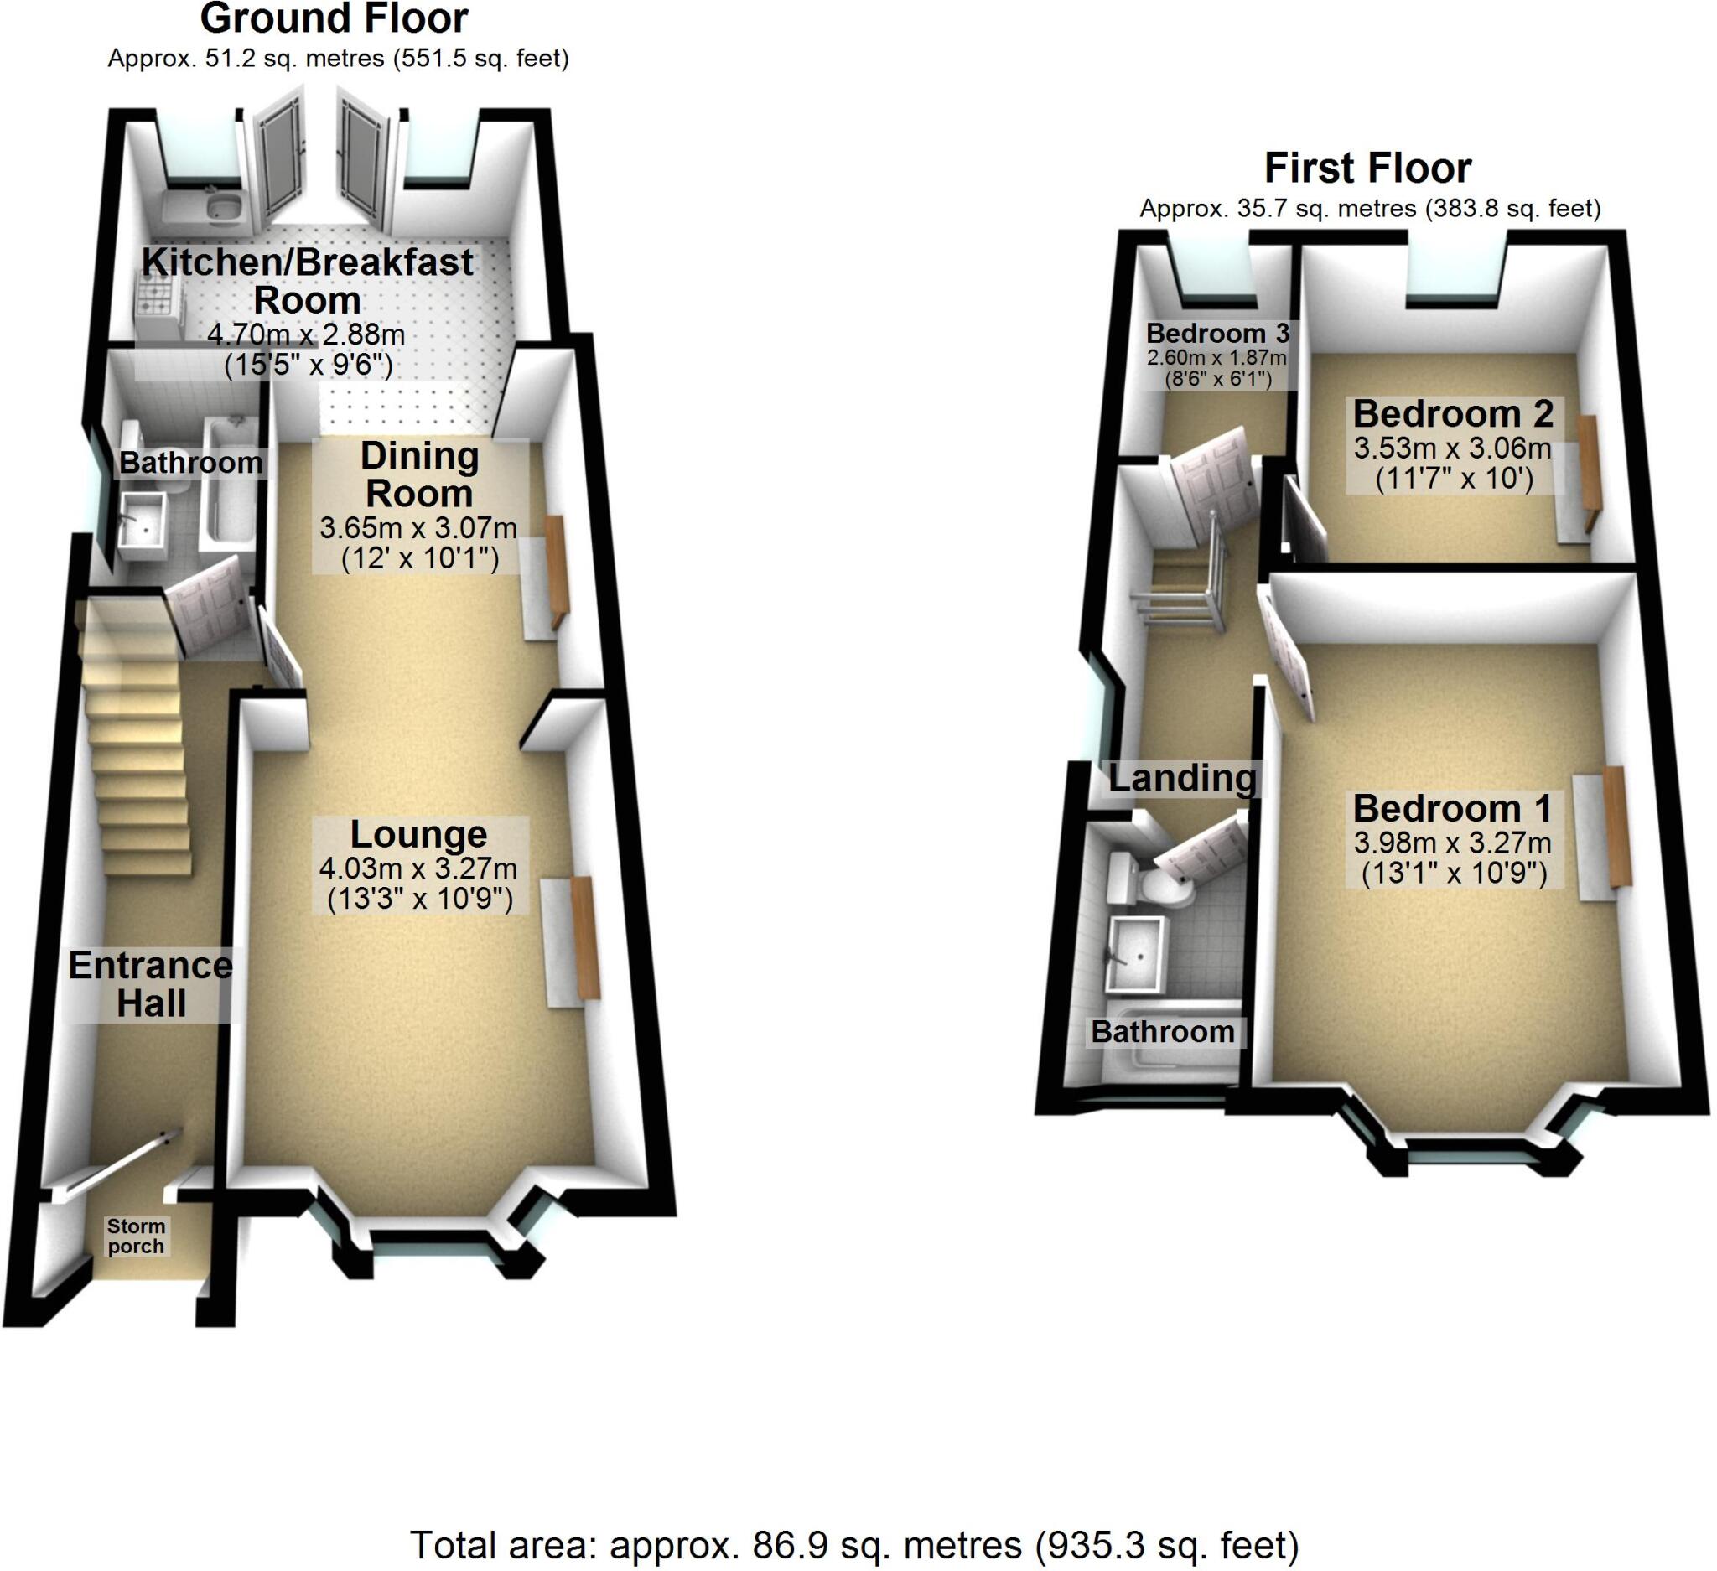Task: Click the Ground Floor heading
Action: (x=334, y=18)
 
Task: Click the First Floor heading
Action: (x=1367, y=169)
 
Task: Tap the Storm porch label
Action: (x=137, y=1237)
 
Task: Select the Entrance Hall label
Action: (x=151, y=984)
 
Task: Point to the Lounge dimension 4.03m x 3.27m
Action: (x=418, y=868)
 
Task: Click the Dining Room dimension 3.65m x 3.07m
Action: (x=418, y=528)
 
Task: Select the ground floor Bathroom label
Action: (x=191, y=464)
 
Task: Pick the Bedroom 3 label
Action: (x=1218, y=333)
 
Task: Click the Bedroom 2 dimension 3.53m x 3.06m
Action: (x=1452, y=448)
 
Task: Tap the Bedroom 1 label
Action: (x=1452, y=808)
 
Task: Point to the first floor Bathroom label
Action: (x=1163, y=1032)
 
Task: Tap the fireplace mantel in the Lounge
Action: (x=584, y=936)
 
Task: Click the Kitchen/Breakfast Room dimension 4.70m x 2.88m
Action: (x=307, y=334)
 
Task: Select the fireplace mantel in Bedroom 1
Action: (x=1617, y=826)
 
